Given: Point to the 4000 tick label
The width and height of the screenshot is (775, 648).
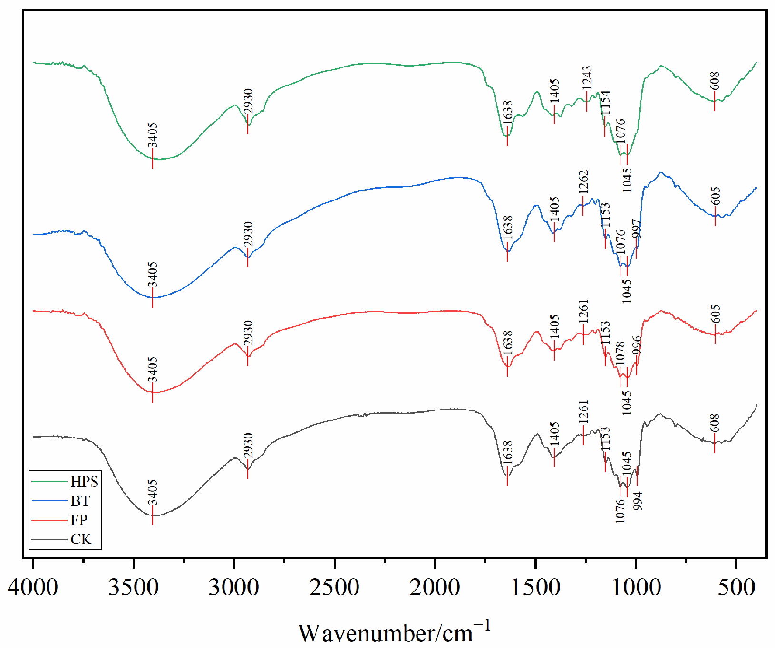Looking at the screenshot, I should (33, 587).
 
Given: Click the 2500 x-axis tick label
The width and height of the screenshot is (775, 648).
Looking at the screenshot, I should (334, 587).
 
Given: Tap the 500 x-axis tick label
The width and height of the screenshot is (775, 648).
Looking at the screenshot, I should (736, 587).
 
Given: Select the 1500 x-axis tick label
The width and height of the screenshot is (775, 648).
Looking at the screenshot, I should (535, 587).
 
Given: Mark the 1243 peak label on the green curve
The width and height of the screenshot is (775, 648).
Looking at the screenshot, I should (587, 77).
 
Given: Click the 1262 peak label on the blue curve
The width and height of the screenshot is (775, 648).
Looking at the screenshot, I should (583, 181).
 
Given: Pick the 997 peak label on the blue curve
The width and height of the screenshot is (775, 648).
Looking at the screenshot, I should (636, 229).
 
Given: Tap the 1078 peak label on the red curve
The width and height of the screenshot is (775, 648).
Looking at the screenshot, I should (620, 353).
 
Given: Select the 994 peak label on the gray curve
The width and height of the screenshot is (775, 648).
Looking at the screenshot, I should (638, 501).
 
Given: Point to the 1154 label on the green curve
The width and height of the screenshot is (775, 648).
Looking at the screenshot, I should (605, 102).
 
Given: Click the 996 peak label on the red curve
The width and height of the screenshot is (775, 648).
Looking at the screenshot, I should (637, 346).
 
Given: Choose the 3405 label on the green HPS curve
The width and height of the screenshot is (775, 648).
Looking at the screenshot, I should (152, 135).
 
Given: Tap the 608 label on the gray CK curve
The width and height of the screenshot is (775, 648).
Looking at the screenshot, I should (715, 423).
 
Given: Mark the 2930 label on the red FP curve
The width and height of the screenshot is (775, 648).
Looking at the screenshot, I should (248, 333).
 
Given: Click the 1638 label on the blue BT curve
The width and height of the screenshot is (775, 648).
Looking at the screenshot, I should (507, 228).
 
